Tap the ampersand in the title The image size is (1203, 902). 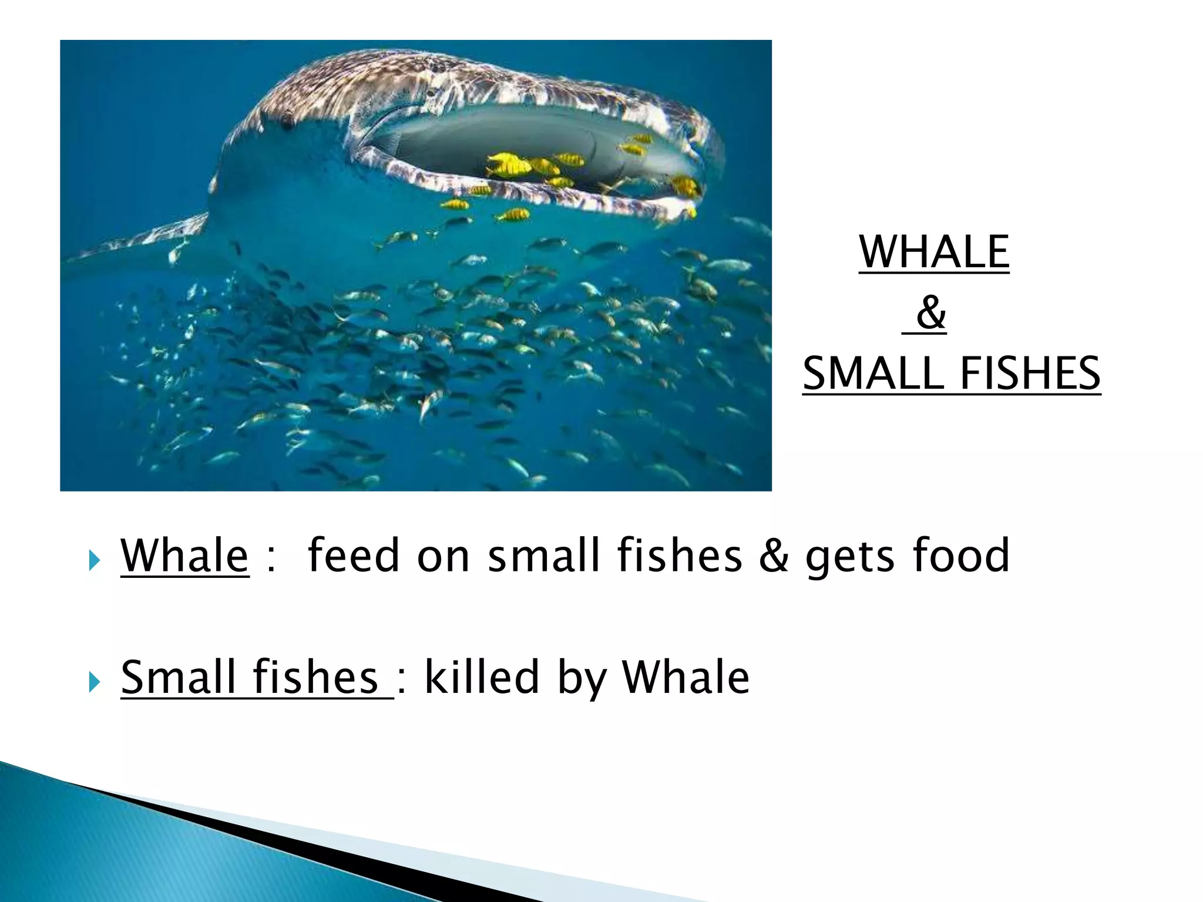[x=931, y=312]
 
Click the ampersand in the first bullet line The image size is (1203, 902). [x=774, y=556]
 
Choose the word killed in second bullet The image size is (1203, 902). [x=481, y=676]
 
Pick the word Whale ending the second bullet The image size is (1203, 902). [x=685, y=676]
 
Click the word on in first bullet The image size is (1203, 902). [x=443, y=556]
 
